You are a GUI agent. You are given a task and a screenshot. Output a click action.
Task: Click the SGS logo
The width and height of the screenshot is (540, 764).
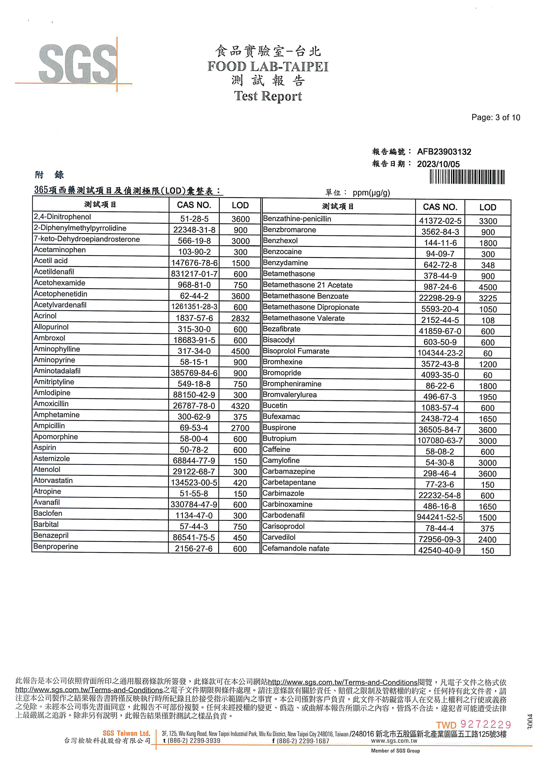[78, 64]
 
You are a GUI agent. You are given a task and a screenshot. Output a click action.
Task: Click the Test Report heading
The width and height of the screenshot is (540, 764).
[268, 96]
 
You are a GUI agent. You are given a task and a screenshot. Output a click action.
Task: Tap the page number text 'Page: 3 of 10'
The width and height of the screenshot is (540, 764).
[495, 117]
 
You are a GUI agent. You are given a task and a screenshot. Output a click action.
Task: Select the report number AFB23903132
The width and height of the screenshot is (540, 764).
[444, 152]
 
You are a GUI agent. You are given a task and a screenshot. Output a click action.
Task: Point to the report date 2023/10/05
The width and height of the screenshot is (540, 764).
[438, 164]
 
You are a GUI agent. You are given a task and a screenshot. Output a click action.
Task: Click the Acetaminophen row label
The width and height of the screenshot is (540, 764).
[60, 250]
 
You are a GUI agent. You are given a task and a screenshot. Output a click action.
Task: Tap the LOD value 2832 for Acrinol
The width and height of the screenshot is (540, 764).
[240, 318]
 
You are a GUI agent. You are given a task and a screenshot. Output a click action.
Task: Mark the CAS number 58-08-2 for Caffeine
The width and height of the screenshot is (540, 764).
[440, 452]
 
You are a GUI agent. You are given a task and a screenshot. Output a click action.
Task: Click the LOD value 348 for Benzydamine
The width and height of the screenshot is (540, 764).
[488, 265]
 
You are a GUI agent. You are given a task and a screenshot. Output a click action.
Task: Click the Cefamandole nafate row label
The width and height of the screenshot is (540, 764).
[296, 548]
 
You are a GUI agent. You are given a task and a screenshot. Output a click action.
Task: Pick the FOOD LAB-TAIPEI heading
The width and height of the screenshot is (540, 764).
[268, 66]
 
